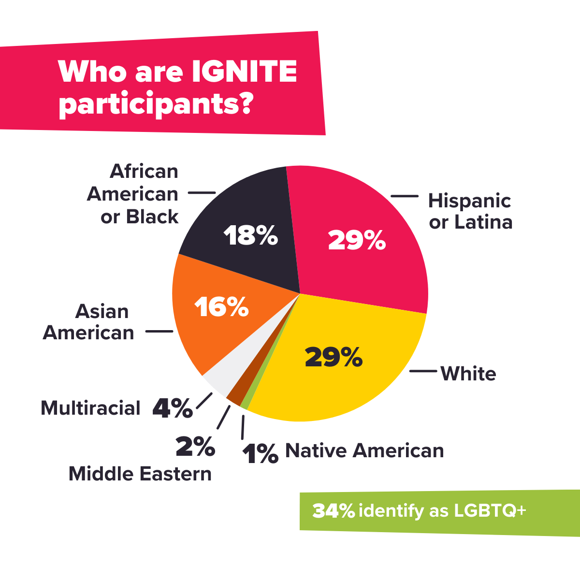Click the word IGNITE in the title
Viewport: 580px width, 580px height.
coord(244,72)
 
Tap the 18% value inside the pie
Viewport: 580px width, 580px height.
coord(251,235)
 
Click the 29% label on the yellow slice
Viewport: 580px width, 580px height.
coord(333,357)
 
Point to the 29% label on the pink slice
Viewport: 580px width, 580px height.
coord(357,240)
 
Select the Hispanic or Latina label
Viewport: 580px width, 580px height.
coord(470,211)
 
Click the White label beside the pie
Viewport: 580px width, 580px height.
coord(468,374)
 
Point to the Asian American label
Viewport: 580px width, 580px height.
coord(88,322)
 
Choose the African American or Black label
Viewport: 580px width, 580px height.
coord(133,194)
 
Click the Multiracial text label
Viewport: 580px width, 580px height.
coord(90,408)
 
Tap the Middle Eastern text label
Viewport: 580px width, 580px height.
coord(140,474)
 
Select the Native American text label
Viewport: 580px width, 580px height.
coord(364,450)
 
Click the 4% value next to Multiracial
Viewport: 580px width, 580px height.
coord(173,409)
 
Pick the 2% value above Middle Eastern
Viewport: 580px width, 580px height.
coord(195,447)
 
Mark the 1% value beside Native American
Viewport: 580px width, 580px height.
coord(261,454)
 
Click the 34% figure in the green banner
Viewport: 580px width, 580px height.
coord(333,511)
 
